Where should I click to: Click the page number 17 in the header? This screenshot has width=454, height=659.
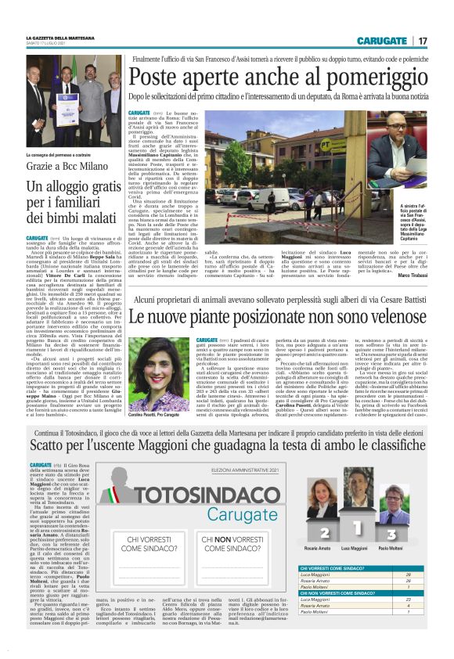point(422,41)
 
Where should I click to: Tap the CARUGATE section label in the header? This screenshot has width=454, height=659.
point(382,41)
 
